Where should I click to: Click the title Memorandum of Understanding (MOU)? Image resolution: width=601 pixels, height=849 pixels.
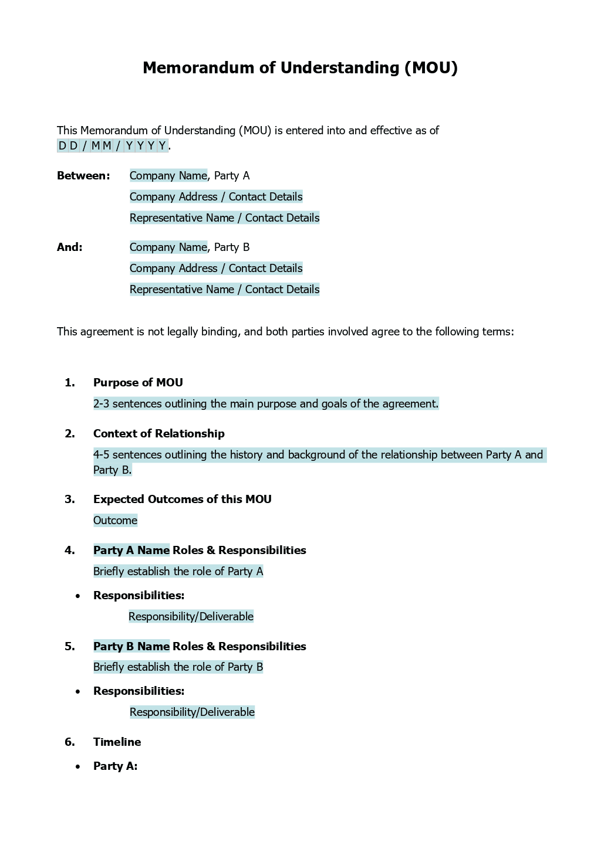pyautogui.click(x=300, y=68)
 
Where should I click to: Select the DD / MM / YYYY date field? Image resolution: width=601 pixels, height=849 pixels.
pyautogui.click(x=113, y=146)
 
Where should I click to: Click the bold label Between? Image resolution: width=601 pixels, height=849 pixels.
pyautogui.click(x=83, y=176)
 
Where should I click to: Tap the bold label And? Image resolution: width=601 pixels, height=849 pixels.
pyautogui.click(x=70, y=247)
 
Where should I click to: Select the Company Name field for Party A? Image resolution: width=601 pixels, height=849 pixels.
pyautogui.click(x=168, y=176)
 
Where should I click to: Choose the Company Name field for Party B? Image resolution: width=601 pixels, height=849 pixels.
pyautogui.click(x=168, y=247)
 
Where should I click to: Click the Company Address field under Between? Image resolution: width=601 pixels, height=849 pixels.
pyautogui.click(x=216, y=197)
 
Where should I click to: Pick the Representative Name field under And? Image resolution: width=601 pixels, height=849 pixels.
pyautogui.click(x=224, y=290)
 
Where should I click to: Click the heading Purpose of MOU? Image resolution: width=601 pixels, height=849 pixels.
pyautogui.click(x=138, y=383)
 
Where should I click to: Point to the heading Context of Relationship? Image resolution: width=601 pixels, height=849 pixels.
pyautogui.click(x=158, y=434)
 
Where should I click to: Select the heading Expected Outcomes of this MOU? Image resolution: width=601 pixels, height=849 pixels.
pyautogui.click(x=182, y=500)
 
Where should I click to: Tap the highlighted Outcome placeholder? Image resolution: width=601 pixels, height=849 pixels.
pyautogui.click(x=115, y=521)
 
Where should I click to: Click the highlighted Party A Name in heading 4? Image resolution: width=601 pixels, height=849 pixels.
pyautogui.click(x=131, y=551)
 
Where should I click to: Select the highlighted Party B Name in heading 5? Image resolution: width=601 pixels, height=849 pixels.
pyautogui.click(x=131, y=647)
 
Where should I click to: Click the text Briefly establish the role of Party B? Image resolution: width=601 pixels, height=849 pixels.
pyautogui.click(x=178, y=667)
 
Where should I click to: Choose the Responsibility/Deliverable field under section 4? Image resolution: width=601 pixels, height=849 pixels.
pyautogui.click(x=191, y=617)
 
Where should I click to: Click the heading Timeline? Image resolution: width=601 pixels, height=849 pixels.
pyautogui.click(x=117, y=742)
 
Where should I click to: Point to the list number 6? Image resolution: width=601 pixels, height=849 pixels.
pyautogui.click(x=70, y=742)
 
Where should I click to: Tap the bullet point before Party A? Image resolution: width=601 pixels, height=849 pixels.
pyautogui.click(x=77, y=767)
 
